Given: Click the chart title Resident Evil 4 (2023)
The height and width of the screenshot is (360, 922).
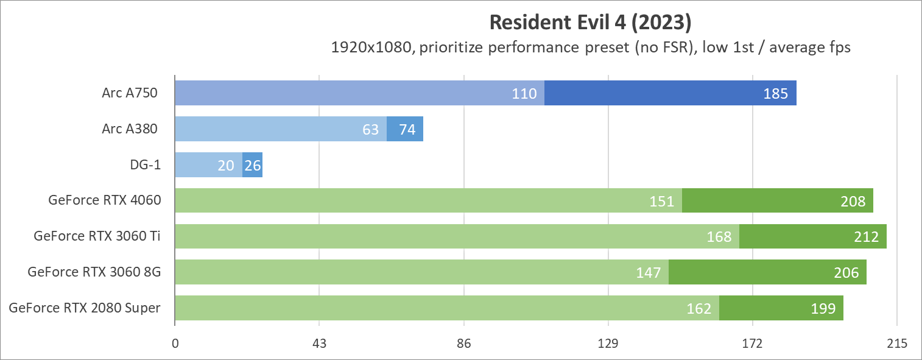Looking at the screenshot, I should [x=590, y=23].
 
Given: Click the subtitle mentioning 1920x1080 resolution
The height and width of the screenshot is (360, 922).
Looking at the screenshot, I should [x=590, y=48].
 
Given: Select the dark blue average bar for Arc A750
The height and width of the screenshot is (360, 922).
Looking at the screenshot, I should [x=670, y=93].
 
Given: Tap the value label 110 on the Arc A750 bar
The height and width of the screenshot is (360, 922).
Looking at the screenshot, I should [x=524, y=94].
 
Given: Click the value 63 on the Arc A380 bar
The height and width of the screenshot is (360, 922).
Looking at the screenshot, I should [x=370, y=129].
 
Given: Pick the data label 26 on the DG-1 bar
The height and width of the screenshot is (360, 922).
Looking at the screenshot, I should [x=253, y=165].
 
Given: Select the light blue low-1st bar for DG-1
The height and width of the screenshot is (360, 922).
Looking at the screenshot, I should [x=208, y=165].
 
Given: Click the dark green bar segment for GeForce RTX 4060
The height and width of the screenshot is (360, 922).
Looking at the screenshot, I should [x=777, y=200].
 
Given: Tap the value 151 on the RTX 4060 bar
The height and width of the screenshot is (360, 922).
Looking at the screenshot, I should [x=662, y=201].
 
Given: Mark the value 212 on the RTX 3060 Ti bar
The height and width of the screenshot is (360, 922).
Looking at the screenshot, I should [x=867, y=237].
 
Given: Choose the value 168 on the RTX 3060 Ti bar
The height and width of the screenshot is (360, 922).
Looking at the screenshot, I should [x=719, y=237].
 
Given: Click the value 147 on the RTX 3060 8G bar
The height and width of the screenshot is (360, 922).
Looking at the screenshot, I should [x=649, y=272].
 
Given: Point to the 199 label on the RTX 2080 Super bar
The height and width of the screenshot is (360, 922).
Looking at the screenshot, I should [x=823, y=308].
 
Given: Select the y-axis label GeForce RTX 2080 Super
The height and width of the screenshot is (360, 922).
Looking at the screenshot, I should [x=85, y=308].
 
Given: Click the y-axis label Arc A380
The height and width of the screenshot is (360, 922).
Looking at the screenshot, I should [x=130, y=129].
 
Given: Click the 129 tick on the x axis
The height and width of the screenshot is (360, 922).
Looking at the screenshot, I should [x=608, y=344].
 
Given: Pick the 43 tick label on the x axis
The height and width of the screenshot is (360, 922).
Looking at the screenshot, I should [x=320, y=344].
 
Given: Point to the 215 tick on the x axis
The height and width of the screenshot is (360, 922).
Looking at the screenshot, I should [x=897, y=344].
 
